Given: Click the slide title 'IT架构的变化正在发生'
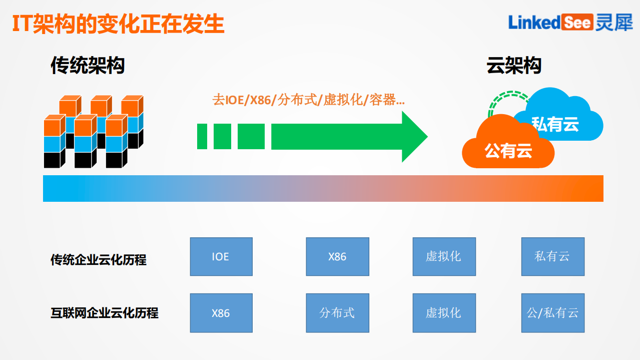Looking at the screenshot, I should [x=118, y=24].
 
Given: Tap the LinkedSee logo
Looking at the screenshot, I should [x=570, y=22].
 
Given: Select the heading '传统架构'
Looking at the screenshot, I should [x=88, y=66].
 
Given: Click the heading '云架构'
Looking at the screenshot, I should [x=514, y=66].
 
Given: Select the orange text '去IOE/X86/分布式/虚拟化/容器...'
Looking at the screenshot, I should [x=308, y=100].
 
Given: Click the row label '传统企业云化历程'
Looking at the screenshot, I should [x=99, y=260].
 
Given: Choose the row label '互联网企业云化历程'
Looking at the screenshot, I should [x=105, y=313].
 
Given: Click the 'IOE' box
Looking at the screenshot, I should [x=221, y=257].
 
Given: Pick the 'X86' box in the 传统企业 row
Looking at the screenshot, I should [x=337, y=257].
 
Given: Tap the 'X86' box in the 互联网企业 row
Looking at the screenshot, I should [x=221, y=313].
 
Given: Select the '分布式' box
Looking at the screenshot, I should [x=337, y=313].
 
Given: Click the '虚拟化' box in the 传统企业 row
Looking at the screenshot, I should [x=444, y=257].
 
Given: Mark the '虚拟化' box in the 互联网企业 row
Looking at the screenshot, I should [x=444, y=313].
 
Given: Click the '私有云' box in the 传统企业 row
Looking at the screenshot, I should [x=552, y=257].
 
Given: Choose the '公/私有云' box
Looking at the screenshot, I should [x=552, y=313].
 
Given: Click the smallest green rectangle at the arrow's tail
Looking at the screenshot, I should [x=202, y=136].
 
